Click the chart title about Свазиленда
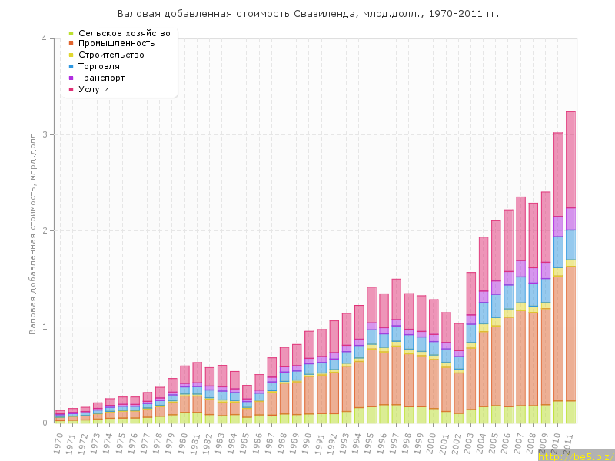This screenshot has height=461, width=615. tap(307, 14)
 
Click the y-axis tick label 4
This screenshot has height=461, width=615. tap(44, 39)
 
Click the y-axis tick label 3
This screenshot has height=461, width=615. tap(44, 135)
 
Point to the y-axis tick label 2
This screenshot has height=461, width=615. tap(44, 231)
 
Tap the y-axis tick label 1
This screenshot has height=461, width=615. tap(44, 327)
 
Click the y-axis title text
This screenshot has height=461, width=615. tap(33, 230)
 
